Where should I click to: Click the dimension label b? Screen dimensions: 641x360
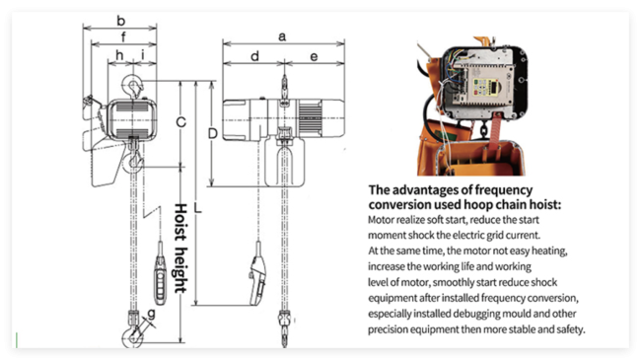120,20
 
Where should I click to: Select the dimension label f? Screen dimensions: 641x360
123,37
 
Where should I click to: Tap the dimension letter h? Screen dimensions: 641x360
119,55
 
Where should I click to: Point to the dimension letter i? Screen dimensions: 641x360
143,55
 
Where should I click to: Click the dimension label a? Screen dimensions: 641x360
282,36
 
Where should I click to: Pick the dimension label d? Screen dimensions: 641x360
254,55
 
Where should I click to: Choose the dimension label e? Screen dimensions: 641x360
314,56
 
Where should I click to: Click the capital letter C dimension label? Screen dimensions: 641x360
180,122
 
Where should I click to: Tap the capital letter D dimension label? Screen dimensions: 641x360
213,133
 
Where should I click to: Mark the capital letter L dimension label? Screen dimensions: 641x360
198,208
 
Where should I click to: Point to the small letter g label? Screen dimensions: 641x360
151,314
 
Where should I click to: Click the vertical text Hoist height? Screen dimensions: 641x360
180,248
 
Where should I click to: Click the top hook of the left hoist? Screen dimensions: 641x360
131,87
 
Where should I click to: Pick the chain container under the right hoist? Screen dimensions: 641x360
285,163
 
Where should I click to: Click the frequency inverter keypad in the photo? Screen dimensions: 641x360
483,87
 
